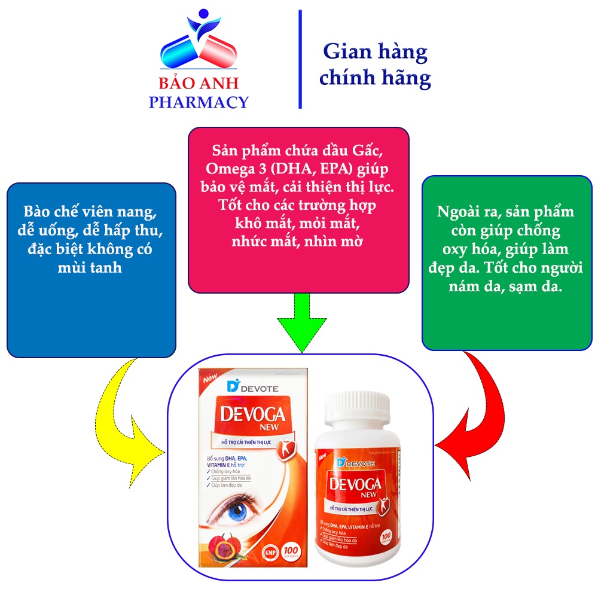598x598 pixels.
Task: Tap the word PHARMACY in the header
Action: pyautogui.click(x=198, y=102)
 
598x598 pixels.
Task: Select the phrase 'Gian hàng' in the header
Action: pyautogui.click(x=375, y=52)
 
